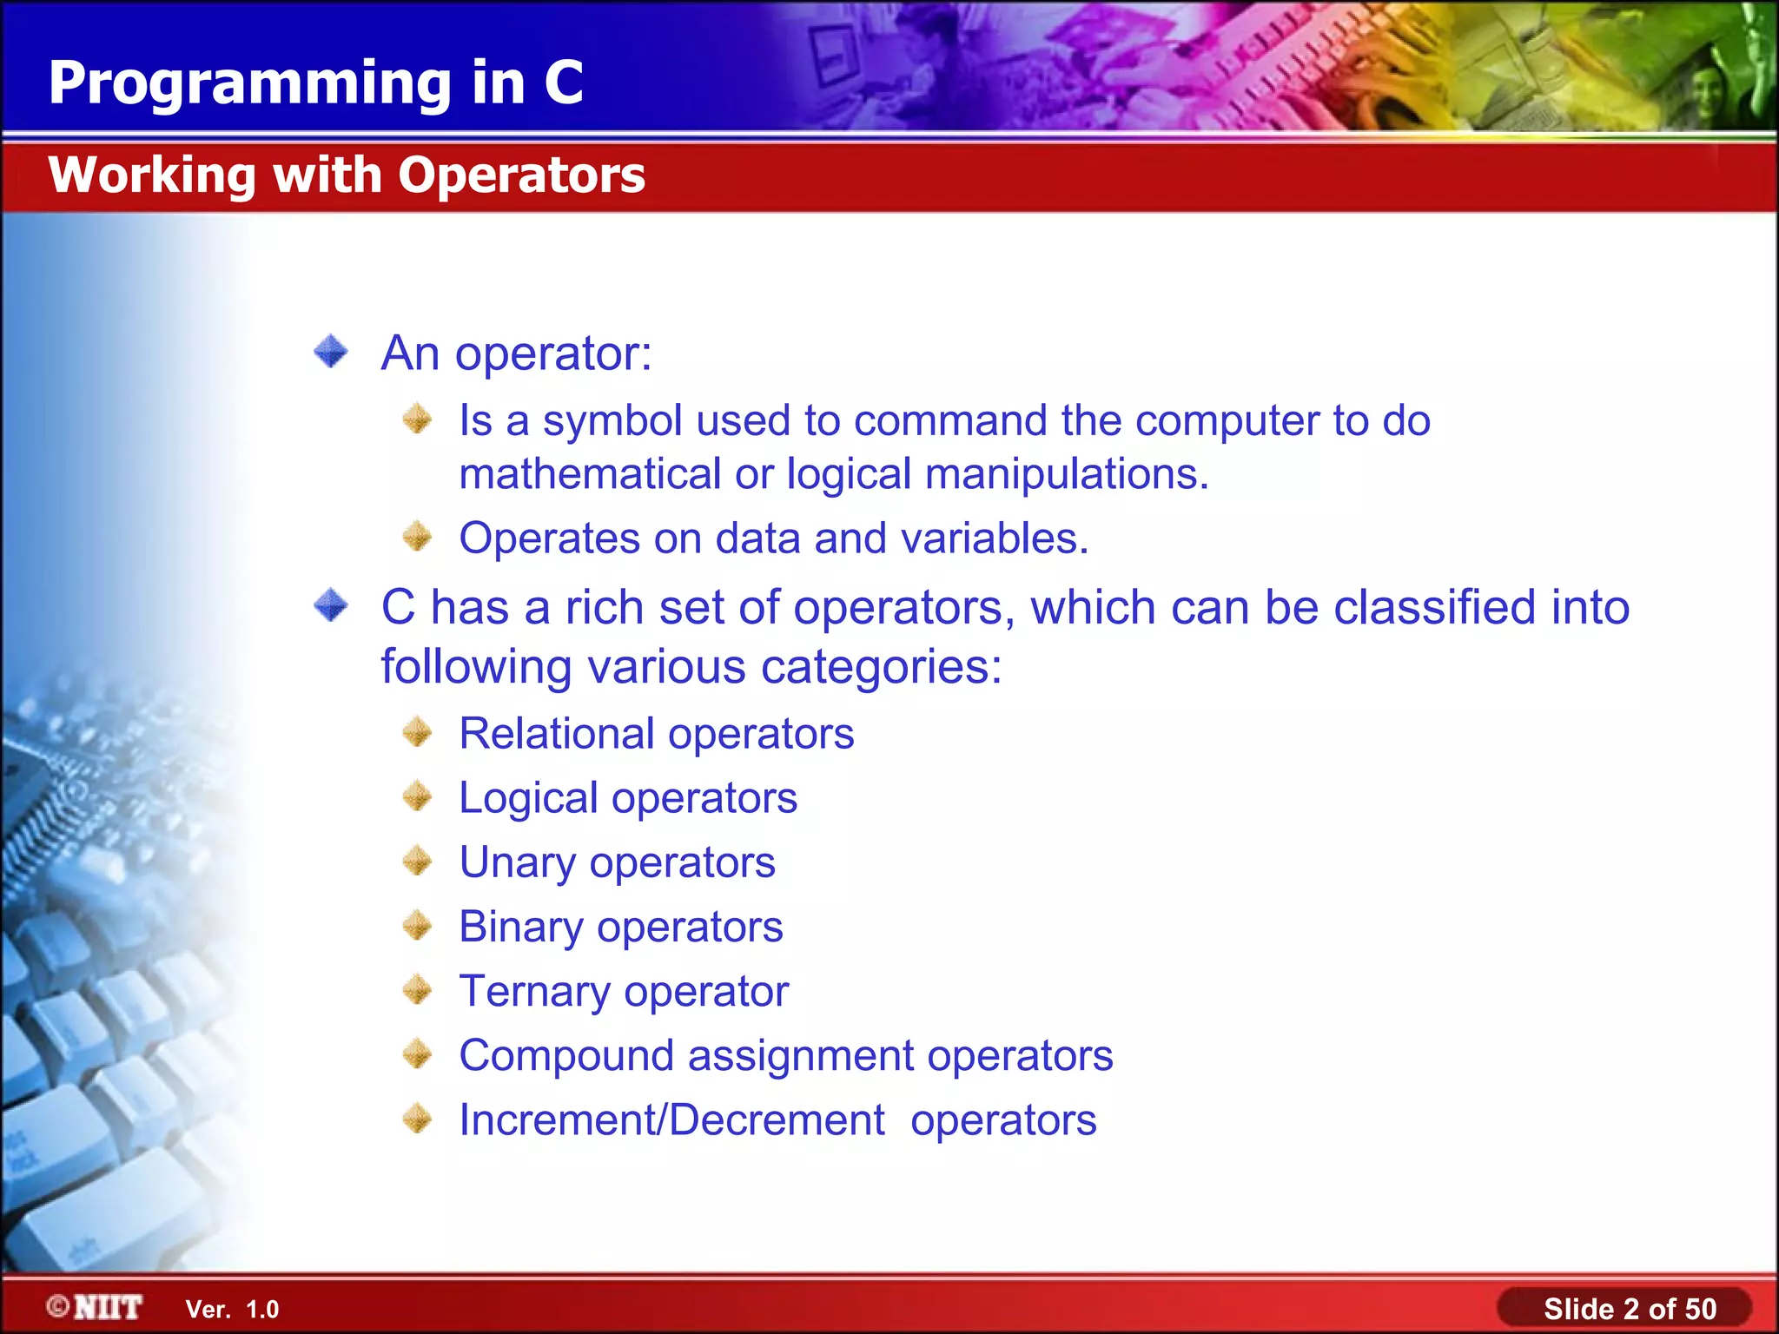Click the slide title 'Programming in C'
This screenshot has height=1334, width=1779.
[315, 83]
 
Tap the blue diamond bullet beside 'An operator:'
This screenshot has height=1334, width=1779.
[331, 352]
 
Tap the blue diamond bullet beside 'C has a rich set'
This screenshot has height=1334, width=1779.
[331, 605]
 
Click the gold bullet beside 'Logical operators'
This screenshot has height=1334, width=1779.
[418, 796]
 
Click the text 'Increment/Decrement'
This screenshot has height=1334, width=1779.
[671, 1120]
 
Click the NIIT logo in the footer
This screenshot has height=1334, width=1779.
[96, 1307]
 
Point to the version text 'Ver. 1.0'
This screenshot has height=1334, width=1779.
[232, 1310]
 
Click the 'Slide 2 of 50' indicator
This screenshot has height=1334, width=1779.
[1629, 1309]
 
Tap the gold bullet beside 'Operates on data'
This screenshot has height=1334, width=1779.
[418, 537]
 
